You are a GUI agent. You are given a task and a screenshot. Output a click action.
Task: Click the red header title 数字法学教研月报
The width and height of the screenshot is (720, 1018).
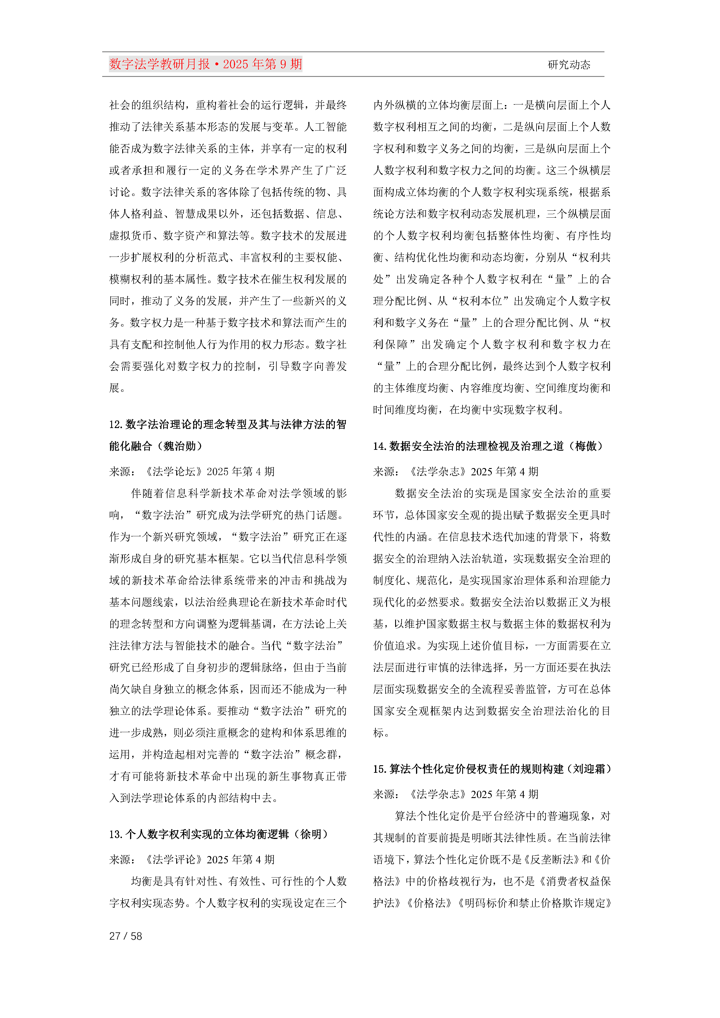(160, 64)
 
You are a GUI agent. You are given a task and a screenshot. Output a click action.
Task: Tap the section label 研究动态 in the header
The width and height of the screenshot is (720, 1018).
(569, 65)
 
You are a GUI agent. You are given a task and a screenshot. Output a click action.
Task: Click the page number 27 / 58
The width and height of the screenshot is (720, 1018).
(125, 936)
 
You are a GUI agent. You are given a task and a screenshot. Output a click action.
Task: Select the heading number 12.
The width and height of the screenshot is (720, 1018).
(116, 425)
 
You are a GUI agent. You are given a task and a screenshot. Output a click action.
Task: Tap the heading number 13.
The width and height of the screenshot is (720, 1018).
(116, 834)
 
